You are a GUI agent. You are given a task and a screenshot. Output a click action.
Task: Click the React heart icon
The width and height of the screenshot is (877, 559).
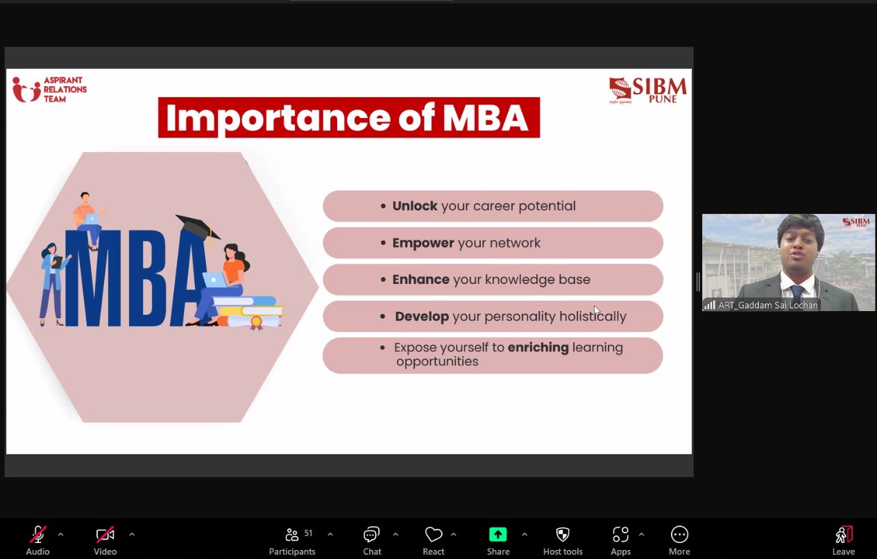(x=434, y=535)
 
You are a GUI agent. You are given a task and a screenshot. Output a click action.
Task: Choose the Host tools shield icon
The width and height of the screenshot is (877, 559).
(x=563, y=535)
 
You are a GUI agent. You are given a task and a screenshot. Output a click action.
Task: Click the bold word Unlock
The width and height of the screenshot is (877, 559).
(x=415, y=206)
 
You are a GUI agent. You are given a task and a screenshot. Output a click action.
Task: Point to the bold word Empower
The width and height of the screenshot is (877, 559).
(x=423, y=243)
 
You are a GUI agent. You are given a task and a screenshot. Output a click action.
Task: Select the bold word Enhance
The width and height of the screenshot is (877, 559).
(x=421, y=280)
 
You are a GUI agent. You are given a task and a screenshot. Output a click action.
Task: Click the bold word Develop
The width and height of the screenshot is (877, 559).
(x=422, y=317)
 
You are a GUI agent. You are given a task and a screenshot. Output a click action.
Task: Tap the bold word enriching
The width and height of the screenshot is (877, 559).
(x=538, y=348)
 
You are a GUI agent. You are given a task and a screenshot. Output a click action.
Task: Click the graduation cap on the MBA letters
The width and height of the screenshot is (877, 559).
(x=198, y=228)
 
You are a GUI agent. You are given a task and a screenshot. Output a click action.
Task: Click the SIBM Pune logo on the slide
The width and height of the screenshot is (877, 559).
(x=647, y=90)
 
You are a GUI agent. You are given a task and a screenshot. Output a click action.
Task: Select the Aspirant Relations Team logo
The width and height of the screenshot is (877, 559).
(x=49, y=90)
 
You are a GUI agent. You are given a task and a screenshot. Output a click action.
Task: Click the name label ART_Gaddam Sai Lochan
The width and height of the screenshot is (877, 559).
(x=768, y=305)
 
